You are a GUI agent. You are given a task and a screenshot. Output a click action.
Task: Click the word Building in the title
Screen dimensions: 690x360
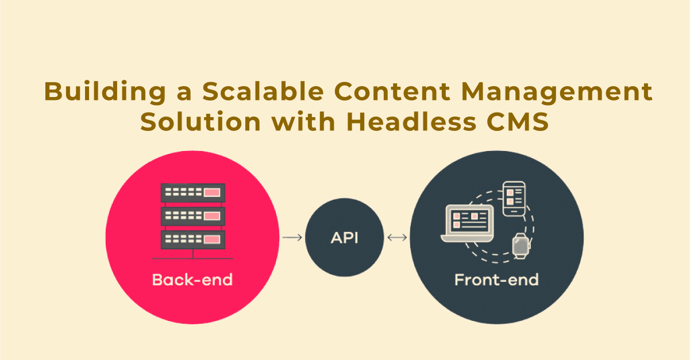(105, 92)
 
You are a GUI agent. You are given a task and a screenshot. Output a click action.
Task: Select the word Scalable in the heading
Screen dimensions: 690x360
(263, 91)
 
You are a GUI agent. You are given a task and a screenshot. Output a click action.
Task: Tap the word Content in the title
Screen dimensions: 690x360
(392, 91)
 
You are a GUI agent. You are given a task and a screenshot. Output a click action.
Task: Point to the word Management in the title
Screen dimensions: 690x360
(557, 92)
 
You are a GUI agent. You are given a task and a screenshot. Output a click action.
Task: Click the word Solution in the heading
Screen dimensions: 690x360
(201, 122)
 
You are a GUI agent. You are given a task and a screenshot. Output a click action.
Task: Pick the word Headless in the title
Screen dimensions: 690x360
(411, 121)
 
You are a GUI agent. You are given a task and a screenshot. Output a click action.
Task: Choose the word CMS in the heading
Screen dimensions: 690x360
(518, 122)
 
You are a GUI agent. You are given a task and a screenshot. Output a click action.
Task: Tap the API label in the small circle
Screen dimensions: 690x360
(344, 238)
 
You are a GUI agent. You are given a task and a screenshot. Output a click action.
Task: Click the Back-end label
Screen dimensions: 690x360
(192, 280)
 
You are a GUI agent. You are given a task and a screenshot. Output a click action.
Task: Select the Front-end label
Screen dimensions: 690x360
(496, 280)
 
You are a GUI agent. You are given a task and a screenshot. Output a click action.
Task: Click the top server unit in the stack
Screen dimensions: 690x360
(193, 193)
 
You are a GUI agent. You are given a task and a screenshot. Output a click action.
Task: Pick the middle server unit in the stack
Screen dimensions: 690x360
(193, 216)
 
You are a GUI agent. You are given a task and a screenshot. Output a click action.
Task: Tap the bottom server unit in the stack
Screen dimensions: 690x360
(193, 239)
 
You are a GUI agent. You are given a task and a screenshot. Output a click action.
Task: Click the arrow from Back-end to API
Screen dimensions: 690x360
(292, 238)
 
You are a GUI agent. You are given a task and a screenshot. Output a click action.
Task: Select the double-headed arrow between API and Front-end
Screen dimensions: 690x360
(397, 238)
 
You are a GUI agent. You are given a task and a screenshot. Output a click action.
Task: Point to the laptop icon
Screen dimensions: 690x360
(467, 223)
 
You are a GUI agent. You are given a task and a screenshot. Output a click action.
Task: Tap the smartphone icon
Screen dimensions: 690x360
(514, 199)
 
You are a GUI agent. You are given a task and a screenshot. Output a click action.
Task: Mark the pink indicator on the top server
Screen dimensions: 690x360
(212, 193)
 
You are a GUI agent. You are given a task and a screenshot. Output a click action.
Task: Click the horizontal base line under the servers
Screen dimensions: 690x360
(192, 259)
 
